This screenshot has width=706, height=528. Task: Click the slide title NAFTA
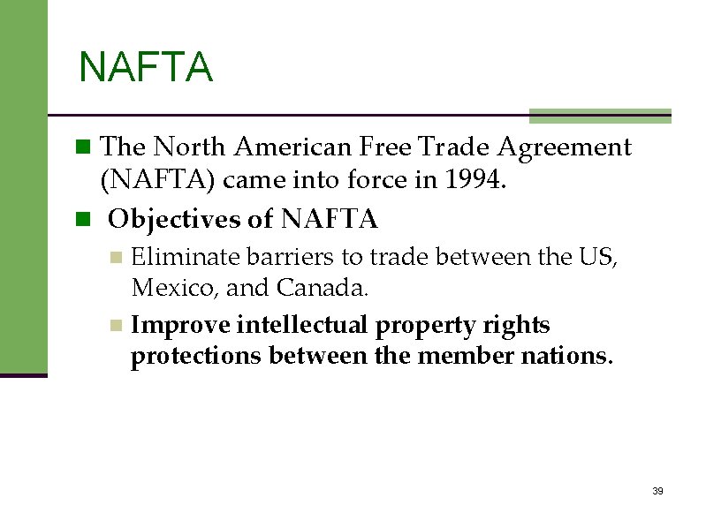pyautogui.click(x=146, y=68)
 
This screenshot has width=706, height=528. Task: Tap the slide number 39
pyautogui.click(x=657, y=491)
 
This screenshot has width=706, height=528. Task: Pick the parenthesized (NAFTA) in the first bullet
pyautogui.click(x=158, y=181)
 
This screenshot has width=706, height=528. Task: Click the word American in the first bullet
pyautogui.click(x=291, y=147)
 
